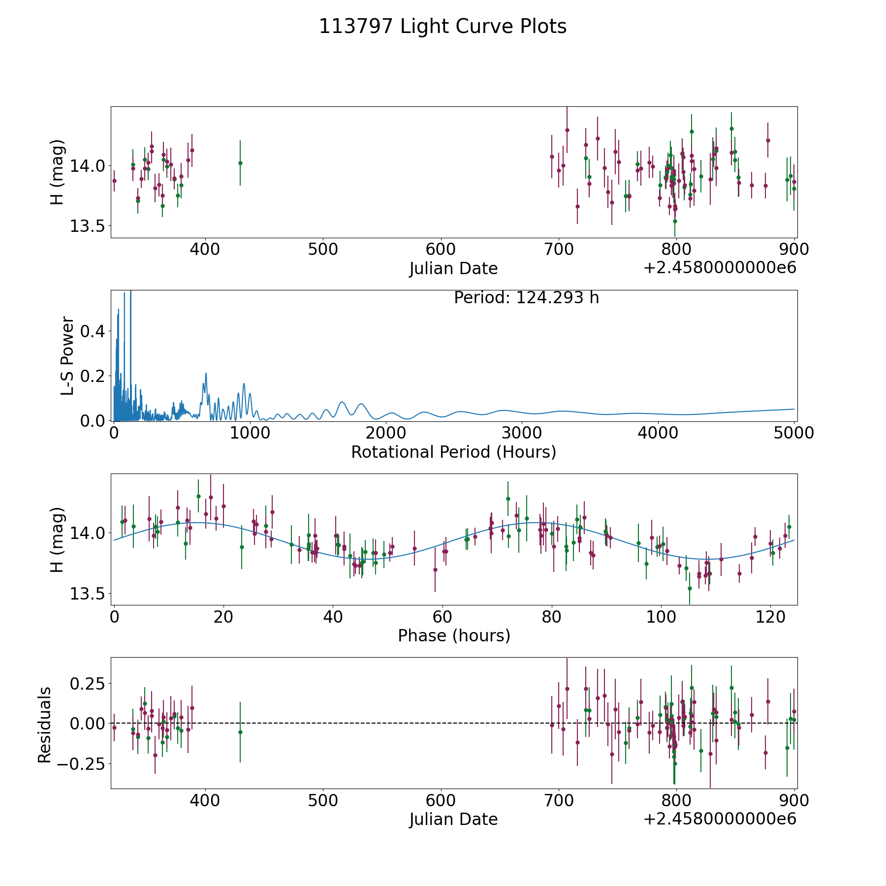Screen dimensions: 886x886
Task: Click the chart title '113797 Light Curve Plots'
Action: click(443, 27)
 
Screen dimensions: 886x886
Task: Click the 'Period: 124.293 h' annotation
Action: click(526, 298)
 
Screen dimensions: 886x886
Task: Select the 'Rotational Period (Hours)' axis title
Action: click(453, 452)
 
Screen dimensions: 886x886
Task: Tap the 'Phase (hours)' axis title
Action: click(454, 635)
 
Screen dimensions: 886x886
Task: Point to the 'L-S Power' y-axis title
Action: click(67, 355)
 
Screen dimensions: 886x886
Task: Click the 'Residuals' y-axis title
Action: click(45, 725)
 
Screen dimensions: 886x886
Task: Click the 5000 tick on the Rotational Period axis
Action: click(793, 433)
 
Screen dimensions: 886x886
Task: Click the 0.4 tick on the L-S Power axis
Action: click(93, 331)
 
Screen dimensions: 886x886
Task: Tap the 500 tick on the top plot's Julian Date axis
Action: click(322, 250)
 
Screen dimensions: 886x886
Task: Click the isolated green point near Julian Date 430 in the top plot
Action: click(240, 163)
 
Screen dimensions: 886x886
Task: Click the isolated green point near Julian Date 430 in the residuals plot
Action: click(240, 732)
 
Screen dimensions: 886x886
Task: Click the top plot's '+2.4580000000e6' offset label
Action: click(720, 268)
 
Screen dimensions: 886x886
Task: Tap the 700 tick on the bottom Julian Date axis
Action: click(559, 800)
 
